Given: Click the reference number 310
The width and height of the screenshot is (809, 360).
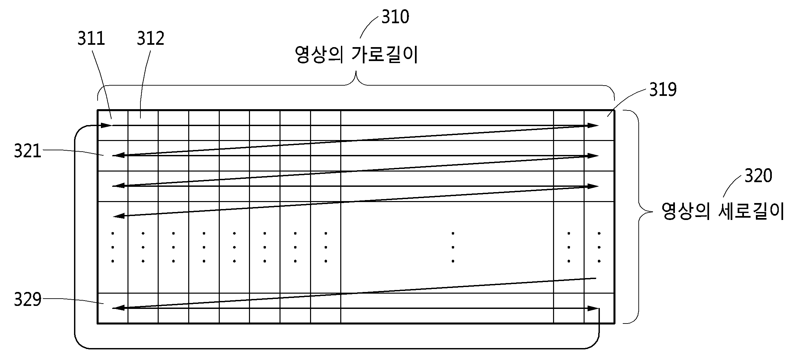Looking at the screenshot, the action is click(395, 17).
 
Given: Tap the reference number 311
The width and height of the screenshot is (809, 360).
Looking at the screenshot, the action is click(91, 38).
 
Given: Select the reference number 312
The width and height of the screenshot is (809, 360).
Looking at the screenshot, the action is click(151, 38).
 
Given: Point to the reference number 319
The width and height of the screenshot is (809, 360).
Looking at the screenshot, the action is click(663, 90).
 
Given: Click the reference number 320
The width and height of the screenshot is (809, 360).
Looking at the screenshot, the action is click(759, 176).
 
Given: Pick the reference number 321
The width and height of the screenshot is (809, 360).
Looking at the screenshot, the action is click(28, 151).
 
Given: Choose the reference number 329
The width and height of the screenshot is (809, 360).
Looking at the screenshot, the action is click(28, 300).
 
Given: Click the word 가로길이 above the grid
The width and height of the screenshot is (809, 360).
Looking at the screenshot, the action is click(385, 55).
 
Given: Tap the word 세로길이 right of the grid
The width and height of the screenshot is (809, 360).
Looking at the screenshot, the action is click(752, 211).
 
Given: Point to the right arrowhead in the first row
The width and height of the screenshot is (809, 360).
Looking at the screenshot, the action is click(592, 125).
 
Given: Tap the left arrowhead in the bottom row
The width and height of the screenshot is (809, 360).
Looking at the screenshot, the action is click(119, 308).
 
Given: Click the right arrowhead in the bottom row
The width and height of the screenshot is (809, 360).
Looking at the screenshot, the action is click(592, 308).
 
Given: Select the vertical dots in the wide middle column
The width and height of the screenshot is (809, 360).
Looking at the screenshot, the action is click(453, 247).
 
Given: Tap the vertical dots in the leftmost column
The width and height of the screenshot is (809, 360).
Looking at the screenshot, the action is click(113, 247).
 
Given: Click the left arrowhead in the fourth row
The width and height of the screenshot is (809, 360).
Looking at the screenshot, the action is click(119, 216).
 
